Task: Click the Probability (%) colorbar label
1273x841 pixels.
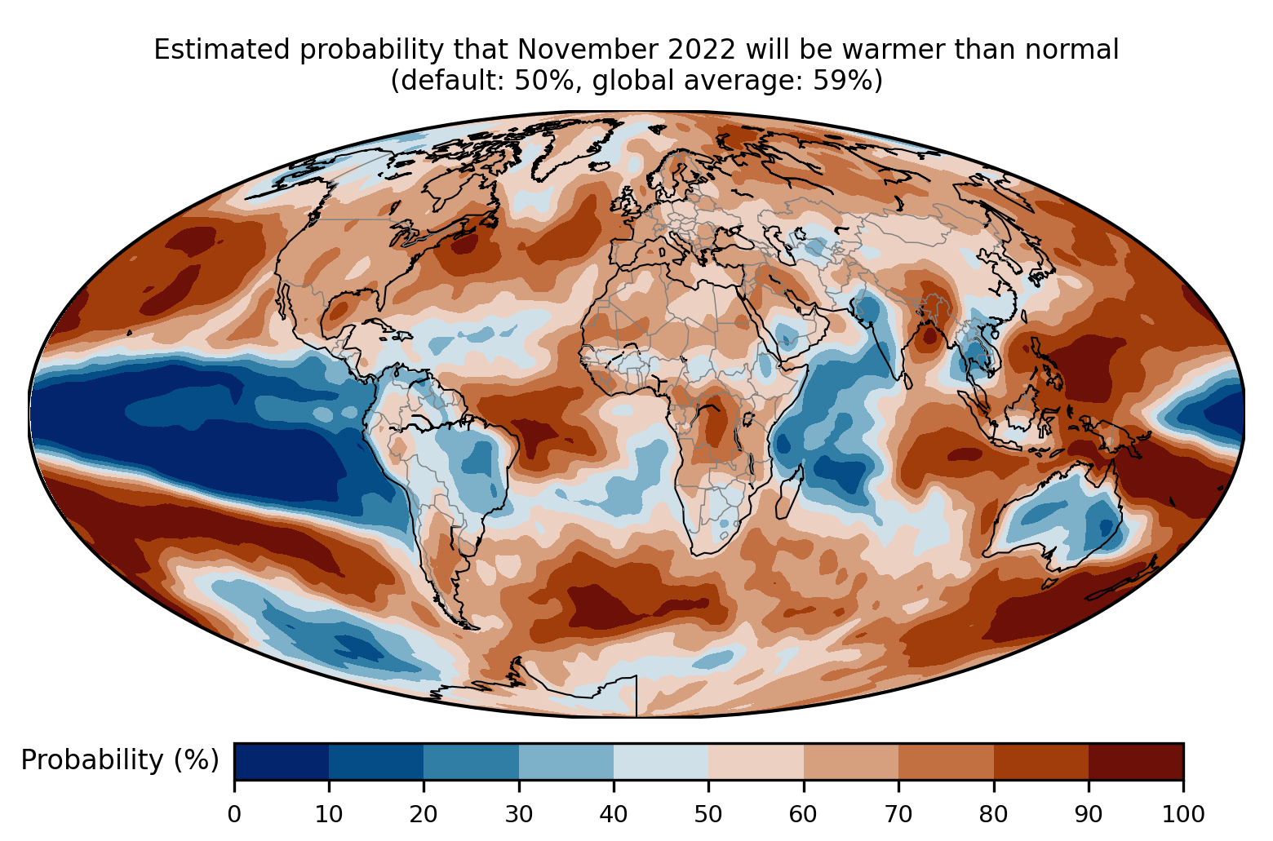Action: (x=119, y=760)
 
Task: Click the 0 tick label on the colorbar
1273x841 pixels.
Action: (x=234, y=813)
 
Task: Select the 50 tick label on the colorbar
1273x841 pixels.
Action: (x=708, y=813)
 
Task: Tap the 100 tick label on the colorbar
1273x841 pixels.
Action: (x=1182, y=813)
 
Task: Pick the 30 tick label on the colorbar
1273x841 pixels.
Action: (x=519, y=813)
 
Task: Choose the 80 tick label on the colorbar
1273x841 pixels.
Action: (x=993, y=813)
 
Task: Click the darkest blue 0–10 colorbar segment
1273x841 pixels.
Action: (x=282, y=761)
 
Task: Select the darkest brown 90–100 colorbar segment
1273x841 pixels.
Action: (x=1135, y=761)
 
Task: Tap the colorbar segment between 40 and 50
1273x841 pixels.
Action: (x=661, y=761)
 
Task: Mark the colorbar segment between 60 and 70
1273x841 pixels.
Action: (x=850, y=761)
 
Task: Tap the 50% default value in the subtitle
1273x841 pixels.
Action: (x=539, y=82)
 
